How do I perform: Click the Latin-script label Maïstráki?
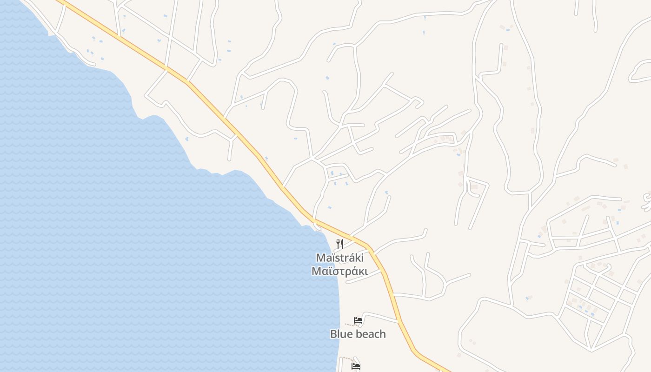(339, 258)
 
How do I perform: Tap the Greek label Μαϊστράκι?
(339, 272)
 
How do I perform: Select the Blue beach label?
(358, 334)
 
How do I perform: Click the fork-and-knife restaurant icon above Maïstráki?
(340, 244)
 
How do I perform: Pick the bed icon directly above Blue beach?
(358, 320)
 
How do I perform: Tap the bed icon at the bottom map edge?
(356, 366)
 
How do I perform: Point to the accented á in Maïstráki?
(350, 258)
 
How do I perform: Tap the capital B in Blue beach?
(333, 334)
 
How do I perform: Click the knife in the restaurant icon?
(342, 244)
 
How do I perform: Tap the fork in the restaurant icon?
(338, 244)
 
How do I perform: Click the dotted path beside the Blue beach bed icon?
(349, 325)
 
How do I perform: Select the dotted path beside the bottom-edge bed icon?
(345, 358)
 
